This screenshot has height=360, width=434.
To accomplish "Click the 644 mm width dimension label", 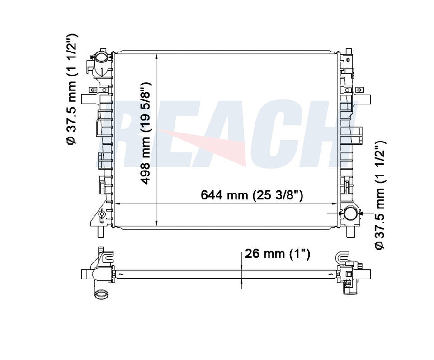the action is click(x=252, y=195).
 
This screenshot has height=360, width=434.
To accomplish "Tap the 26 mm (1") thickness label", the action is click(x=277, y=254).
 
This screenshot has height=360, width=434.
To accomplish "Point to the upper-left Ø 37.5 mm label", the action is click(x=71, y=89).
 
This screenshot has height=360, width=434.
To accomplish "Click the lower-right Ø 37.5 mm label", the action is click(x=379, y=195).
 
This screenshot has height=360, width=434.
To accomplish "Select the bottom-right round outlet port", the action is click(x=351, y=213).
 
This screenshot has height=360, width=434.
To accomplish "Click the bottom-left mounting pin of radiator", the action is click(x=100, y=232).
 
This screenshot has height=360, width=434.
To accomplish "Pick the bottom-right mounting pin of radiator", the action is click(x=350, y=232).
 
